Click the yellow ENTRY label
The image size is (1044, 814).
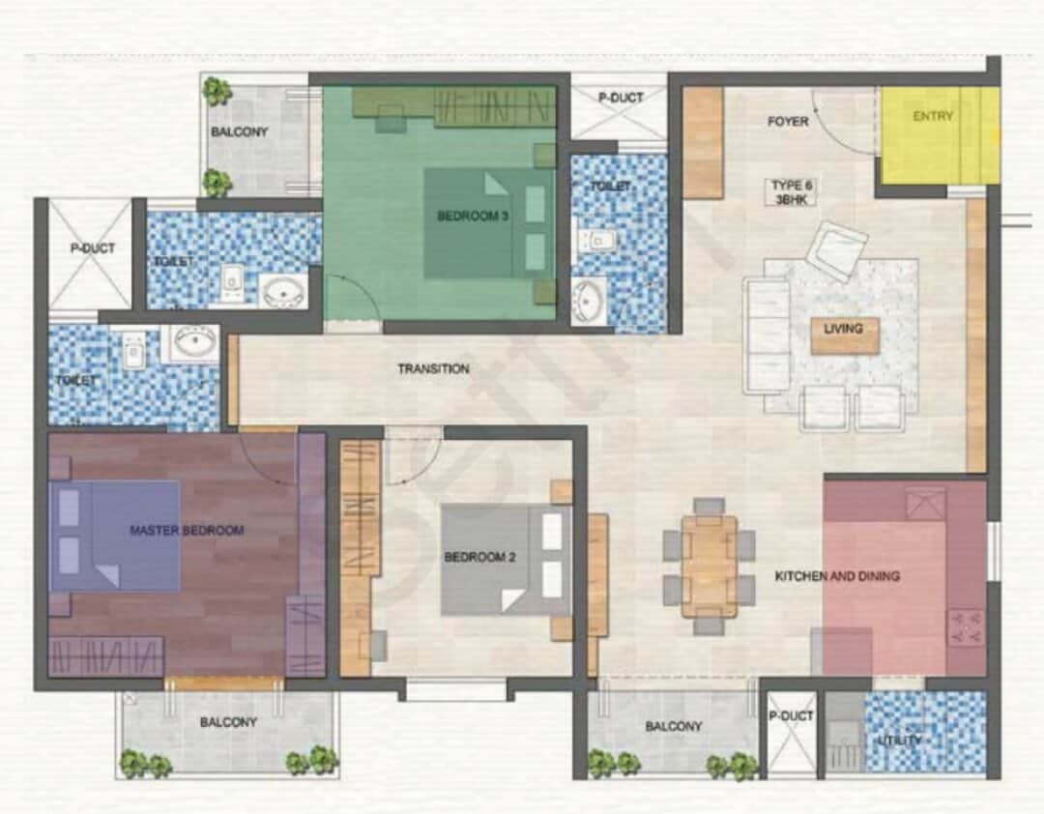point(932,116)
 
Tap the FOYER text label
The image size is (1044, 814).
point(788,121)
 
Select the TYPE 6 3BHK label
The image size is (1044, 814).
point(792,191)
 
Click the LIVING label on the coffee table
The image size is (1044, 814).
point(843,329)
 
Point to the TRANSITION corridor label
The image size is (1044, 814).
point(433,368)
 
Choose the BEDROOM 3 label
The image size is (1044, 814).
point(473,216)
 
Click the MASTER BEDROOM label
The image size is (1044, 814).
point(187,530)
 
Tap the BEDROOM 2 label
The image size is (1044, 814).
point(479,557)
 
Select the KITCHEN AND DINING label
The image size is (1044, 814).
point(837,576)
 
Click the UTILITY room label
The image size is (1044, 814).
point(900,741)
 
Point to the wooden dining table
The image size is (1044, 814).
point(710,567)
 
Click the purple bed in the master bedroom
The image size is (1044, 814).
point(114,537)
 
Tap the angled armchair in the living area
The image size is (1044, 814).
point(836,250)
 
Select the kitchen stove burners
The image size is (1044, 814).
point(966,626)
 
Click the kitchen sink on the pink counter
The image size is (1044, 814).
point(925,503)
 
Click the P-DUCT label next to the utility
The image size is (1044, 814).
point(791,716)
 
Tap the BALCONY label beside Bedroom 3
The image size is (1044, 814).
point(239,131)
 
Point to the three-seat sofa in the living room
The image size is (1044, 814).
point(766,336)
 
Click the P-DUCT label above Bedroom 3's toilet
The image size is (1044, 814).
point(621,98)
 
